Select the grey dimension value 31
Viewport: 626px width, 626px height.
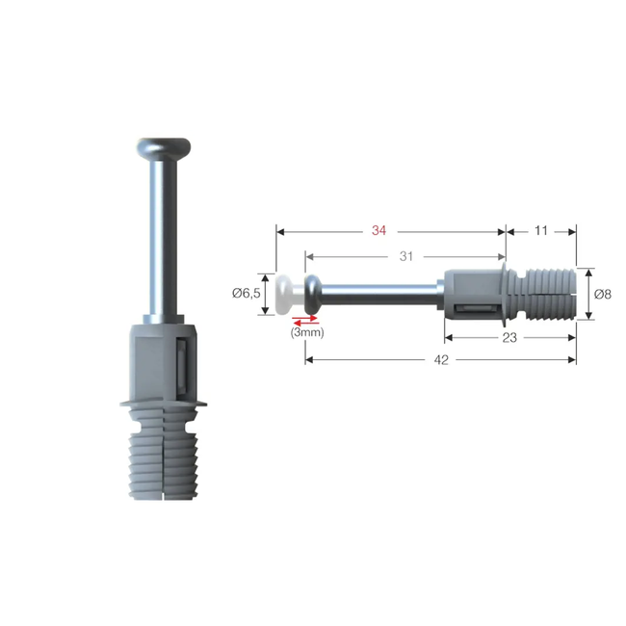point(405,256)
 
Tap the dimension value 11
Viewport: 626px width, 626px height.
point(540,231)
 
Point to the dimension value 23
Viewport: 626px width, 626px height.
point(510,337)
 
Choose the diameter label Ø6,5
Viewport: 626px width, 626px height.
point(247,294)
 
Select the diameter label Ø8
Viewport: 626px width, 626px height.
point(602,294)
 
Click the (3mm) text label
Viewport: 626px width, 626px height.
point(306,332)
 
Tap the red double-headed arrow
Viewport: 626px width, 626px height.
point(305,319)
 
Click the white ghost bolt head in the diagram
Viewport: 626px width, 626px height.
point(283,294)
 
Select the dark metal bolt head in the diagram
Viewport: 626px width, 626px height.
point(315,290)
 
